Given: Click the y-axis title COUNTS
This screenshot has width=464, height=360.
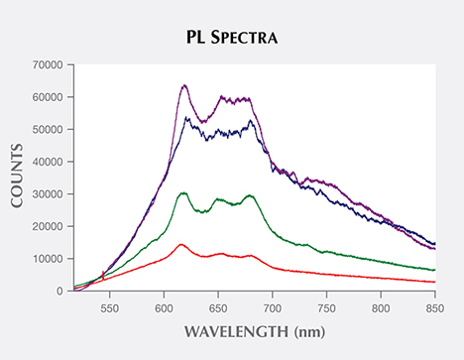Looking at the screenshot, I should [17, 179].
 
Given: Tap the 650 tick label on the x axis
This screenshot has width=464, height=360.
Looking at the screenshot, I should [217, 306].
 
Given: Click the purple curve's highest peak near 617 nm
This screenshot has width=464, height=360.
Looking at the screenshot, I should [184, 86].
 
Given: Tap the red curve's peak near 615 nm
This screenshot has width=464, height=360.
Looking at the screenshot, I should [180, 244].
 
